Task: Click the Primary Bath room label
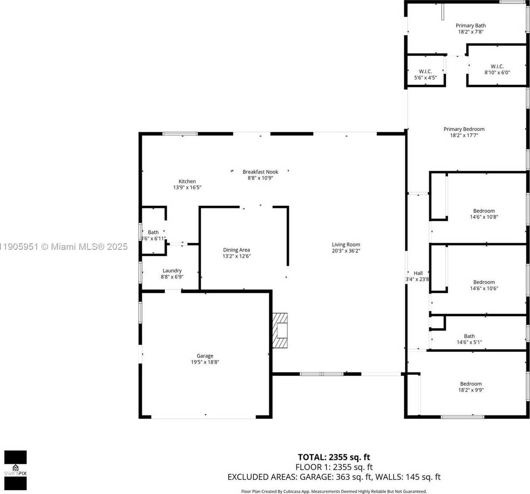click(x=470, y=25)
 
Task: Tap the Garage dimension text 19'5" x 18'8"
click(x=205, y=362)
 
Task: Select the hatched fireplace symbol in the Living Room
click(x=280, y=330)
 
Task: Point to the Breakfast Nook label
click(x=260, y=172)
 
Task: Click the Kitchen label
click(x=187, y=181)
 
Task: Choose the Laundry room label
click(x=172, y=271)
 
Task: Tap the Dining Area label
click(x=237, y=250)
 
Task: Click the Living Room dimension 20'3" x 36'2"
click(x=346, y=251)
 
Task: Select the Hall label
click(x=418, y=273)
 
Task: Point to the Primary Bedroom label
click(x=464, y=129)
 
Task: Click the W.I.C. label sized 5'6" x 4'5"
click(x=426, y=72)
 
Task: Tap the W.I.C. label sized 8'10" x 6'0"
click(x=497, y=66)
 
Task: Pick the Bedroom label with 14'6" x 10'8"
click(x=484, y=211)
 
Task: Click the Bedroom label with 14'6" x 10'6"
click(x=484, y=282)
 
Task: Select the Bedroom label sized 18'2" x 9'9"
click(x=471, y=384)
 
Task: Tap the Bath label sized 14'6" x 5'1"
click(x=469, y=336)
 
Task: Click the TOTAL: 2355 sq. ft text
click(x=334, y=457)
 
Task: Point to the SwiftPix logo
click(x=16, y=470)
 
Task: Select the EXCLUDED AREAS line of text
click(x=334, y=477)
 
